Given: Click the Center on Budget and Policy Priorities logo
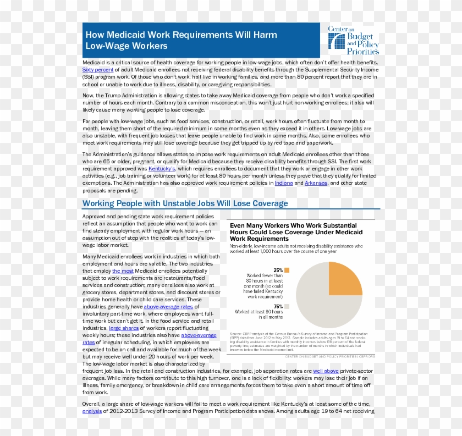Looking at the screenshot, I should tap(353, 40).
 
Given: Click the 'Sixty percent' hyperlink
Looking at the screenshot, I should tap(98, 70).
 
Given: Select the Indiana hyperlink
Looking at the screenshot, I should tap(284, 183).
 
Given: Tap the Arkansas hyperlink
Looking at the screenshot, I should tap(316, 183).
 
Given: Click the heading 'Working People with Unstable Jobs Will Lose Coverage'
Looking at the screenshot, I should tap(185, 203).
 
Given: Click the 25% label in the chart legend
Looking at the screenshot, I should tap(278, 270).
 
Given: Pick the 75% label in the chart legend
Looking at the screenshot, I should tap(278, 306).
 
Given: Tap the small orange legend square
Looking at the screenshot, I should tap(287, 270).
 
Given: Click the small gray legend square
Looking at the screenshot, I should tap(287, 306).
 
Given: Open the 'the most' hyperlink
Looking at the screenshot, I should tap(123, 271).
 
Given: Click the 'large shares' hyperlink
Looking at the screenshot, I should tap(123, 328).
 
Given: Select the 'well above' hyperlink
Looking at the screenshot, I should tap(326, 371).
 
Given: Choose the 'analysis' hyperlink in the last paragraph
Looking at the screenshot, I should tap(92, 411).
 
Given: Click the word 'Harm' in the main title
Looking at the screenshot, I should tap(265, 35).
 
